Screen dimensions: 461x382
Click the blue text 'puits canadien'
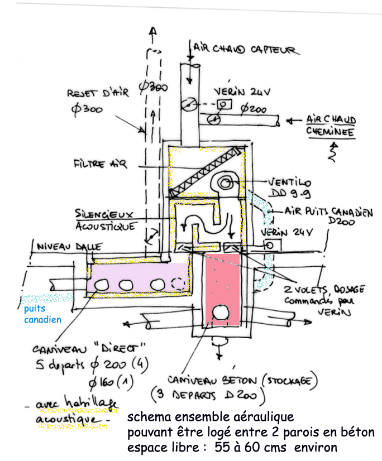click(42, 314)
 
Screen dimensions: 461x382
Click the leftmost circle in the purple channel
click(102, 285)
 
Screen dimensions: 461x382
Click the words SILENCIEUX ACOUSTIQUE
click(106, 221)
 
